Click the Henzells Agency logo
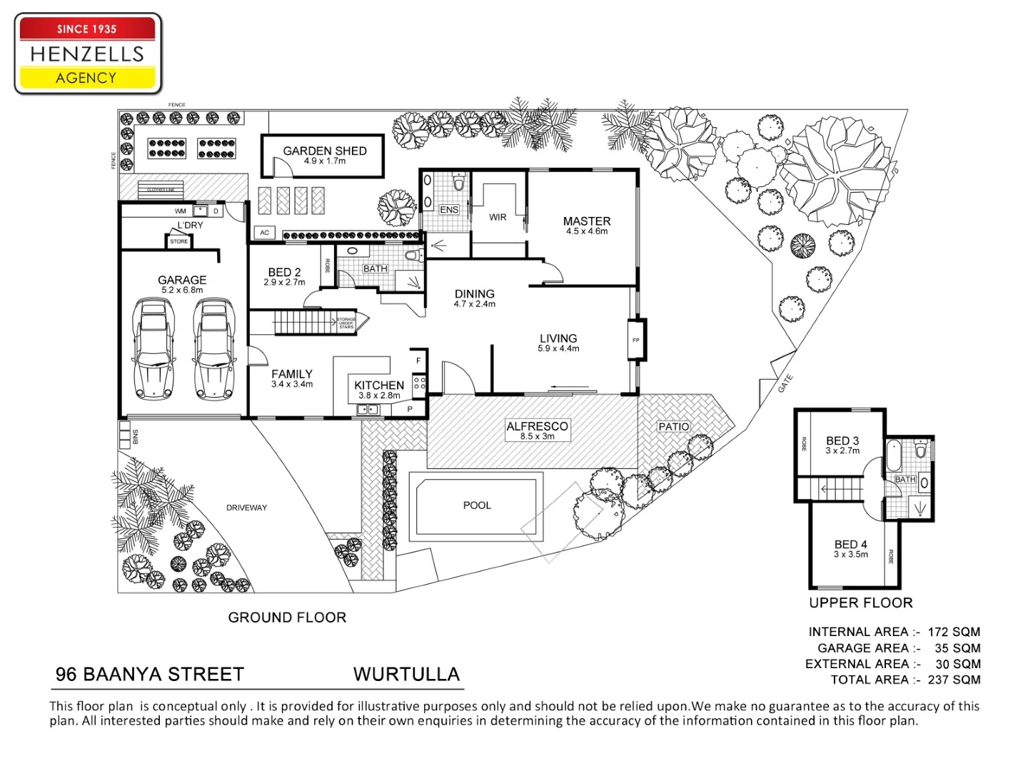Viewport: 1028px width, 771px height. point(88,54)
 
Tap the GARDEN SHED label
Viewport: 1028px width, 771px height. point(325,151)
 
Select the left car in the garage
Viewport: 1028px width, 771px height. point(154,350)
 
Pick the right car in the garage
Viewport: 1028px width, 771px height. point(214,350)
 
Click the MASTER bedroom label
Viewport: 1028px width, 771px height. point(587,222)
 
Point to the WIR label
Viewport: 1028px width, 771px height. point(498,217)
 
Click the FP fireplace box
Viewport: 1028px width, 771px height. point(636,341)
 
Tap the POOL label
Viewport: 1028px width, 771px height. point(477,505)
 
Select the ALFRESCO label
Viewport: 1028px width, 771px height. point(538,427)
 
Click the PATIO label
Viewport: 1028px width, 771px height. point(674,427)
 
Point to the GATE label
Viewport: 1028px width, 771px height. point(785,383)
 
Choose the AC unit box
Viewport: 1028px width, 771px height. point(265,233)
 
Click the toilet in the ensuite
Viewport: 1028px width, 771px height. point(458,183)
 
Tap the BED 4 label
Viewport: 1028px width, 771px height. point(850,545)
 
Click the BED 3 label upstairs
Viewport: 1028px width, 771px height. point(842,441)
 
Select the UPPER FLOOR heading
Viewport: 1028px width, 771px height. point(861,603)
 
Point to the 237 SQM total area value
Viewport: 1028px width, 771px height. point(954,680)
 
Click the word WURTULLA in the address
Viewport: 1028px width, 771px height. point(406,675)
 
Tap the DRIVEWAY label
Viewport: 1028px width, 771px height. point(246,508)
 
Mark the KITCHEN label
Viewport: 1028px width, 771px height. point(379,385)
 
